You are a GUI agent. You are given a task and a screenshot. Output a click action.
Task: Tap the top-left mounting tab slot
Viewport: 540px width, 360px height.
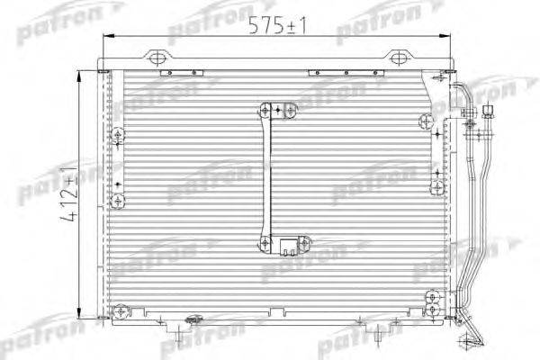(x=158, y=59)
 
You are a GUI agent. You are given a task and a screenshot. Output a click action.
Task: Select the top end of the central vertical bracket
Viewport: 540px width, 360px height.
(x=268, y=111)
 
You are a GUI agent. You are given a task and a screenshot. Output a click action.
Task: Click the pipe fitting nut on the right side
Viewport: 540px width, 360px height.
(x=489, y=112)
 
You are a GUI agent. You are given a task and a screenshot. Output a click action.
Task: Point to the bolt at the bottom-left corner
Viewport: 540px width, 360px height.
(x=120, y=311)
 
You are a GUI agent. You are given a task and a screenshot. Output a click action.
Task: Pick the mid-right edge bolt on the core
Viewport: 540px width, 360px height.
(x=436, y=186)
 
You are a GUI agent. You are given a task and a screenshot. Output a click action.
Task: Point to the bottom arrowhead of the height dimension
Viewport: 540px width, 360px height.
(x=83, y=319)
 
